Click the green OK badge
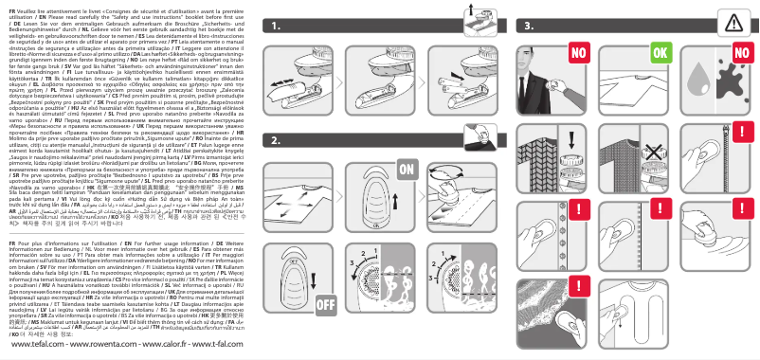(x=655, y=50)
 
